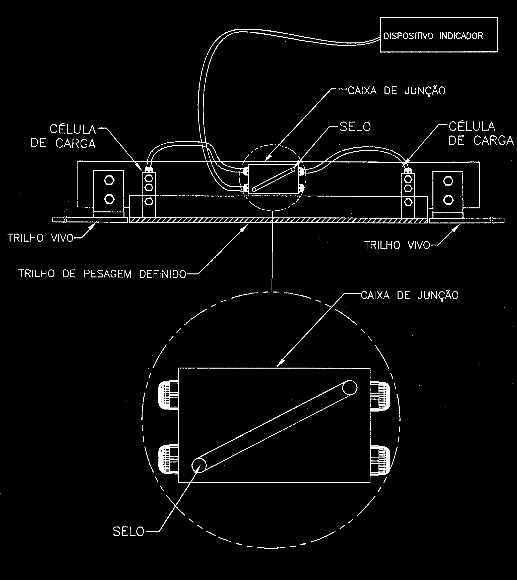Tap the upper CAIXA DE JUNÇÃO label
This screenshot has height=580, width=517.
pos(397,91)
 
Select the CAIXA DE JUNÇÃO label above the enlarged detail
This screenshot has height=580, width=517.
pos(410,295)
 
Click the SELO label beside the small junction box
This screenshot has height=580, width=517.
pos(355,127)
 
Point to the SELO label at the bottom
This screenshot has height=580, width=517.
pos(129,531)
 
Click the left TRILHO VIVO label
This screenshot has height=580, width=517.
pos(41,238)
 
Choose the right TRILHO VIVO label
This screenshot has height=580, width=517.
pos(397,245)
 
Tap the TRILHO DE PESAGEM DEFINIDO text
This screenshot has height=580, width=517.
pos(102,274)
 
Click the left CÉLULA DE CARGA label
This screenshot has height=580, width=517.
pos(63,137)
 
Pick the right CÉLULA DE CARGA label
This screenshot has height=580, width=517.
pos(481,134)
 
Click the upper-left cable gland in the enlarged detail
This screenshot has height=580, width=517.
pos(168,395)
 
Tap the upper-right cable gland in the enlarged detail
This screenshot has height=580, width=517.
pos(380,397)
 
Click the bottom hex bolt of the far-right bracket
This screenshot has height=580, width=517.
pos(448,200)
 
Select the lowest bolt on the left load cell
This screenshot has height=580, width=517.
pos(149,201)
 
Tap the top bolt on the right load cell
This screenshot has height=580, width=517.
pos(408,179)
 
